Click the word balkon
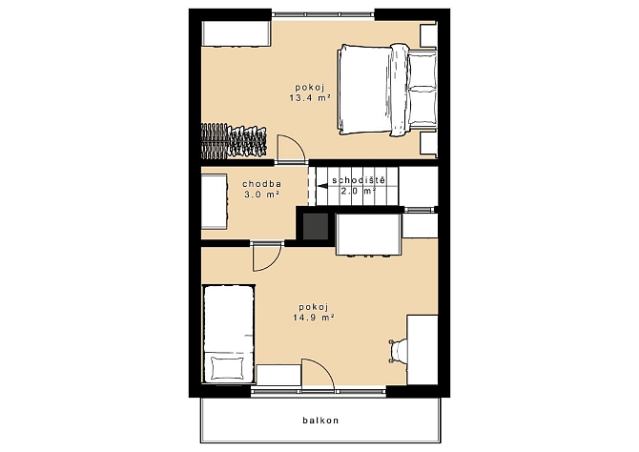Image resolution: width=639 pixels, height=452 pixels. [320, 421]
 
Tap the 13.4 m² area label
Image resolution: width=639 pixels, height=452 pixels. [309, 98]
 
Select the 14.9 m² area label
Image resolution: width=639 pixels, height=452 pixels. [314, 318]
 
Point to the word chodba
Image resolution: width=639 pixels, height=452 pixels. [261, 184]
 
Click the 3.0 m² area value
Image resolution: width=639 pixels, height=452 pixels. [261, 195]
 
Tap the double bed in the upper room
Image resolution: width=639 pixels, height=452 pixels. [387, 90]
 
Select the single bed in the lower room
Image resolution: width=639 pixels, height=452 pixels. [229, 334]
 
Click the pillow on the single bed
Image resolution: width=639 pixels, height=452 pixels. [228, 368]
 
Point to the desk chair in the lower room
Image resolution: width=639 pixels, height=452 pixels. [398, 351]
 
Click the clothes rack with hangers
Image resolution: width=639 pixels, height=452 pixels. [234, 140]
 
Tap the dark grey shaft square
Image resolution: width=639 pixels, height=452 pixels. [316, 226]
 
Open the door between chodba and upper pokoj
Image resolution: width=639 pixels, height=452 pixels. [291, 149]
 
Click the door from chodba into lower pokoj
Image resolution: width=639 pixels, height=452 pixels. [266, 257]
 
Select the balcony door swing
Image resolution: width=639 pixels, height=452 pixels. [318, 374]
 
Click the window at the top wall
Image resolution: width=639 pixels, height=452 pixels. [322, 14]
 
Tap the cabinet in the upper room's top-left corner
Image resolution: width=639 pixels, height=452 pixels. [237, 33]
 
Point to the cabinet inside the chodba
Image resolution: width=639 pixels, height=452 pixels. [215, 202]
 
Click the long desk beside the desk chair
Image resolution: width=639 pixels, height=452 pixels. [423, 349]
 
